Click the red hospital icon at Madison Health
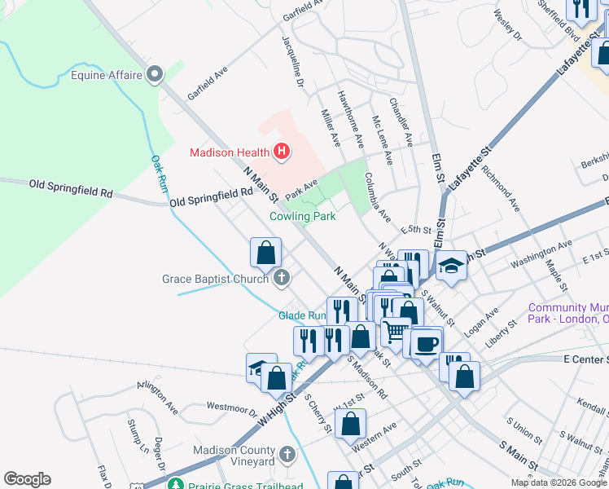282,152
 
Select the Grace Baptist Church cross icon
281,279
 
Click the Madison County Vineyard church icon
286,455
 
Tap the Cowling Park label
303,217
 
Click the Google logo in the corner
27,479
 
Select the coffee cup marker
426,342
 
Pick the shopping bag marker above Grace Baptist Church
265,253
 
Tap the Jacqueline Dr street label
292,61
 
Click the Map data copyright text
559,482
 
